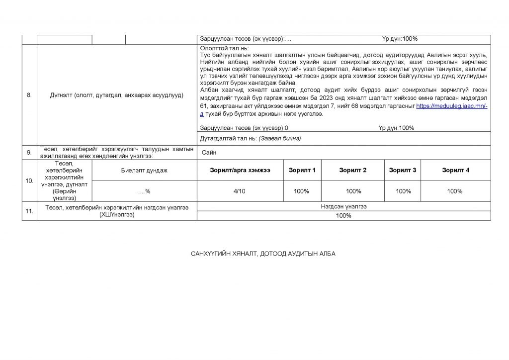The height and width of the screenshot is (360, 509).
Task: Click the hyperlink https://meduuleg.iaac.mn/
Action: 452,106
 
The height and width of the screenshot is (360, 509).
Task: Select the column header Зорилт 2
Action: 353,170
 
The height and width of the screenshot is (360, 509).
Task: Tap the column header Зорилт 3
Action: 403,170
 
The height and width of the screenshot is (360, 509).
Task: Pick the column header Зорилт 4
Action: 455,170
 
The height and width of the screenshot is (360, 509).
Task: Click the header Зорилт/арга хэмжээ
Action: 240,170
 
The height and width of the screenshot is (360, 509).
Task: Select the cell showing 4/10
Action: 240,191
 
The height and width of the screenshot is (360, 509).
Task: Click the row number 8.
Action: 29,95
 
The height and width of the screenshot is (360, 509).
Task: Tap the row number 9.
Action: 29,153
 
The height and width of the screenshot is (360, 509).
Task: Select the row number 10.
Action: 29,180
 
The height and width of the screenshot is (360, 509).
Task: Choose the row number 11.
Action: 29,211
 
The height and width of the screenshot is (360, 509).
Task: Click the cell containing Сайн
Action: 209,153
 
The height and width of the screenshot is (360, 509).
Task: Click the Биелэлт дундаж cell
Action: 144,170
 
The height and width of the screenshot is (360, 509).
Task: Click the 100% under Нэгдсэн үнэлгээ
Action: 343,215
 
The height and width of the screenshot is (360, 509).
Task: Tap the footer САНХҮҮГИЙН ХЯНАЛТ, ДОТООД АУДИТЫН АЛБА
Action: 263,254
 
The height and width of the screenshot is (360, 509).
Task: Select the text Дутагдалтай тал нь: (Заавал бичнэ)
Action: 250,138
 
